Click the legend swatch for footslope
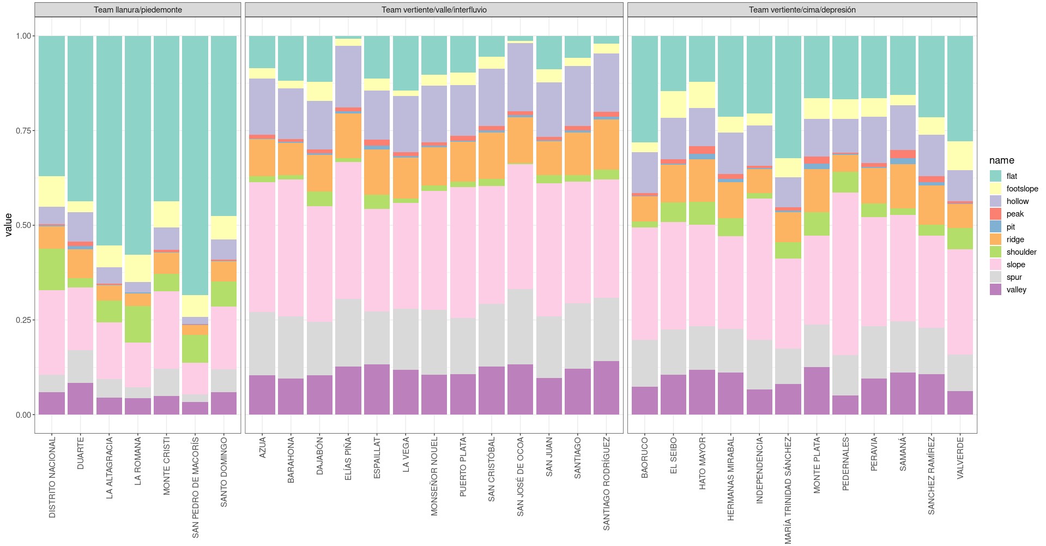click(995, 189)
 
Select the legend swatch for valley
click(995, 290)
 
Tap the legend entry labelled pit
click(1011, 227)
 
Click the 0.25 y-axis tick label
click(23, 320)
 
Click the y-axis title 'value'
click(8, 225)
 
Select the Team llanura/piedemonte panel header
click(137, 10)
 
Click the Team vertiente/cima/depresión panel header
click(802, 10)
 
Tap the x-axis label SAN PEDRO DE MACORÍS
click(195, 487)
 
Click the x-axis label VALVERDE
click(960, 458)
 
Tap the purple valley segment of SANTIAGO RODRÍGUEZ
click(606, 387)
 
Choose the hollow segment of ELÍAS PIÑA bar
click(348, 76)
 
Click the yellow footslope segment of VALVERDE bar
click(960, 155)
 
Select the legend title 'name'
click(1002, 160)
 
